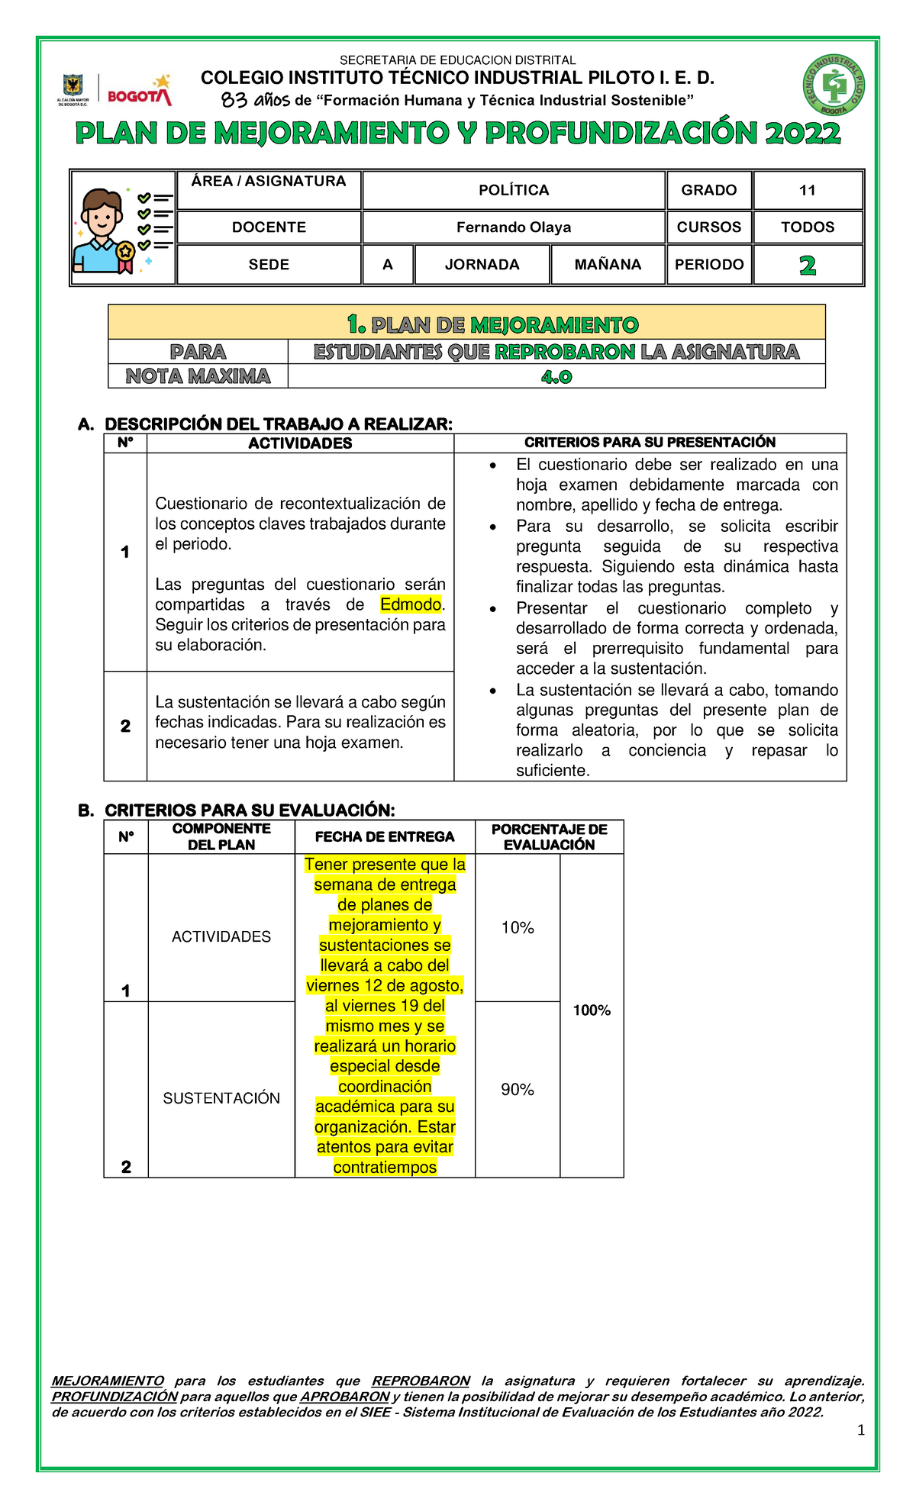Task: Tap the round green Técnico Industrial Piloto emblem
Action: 833,85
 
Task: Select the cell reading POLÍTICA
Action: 514,190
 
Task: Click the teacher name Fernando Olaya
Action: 514,227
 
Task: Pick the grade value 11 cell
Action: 808,190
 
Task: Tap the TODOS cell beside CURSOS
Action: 808,227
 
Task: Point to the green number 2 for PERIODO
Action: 808,265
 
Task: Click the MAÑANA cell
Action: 608,264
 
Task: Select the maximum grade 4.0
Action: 556,376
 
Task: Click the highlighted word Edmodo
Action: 411,604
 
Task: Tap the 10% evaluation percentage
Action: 518,927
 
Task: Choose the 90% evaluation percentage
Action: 518,1090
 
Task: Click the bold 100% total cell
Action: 592,1010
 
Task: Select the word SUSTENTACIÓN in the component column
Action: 221,1097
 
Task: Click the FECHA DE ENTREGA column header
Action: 385,836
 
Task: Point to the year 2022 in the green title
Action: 802,134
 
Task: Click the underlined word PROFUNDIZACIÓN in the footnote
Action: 114,1397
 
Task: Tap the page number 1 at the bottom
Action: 861,1431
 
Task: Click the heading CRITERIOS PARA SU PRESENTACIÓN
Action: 650,443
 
